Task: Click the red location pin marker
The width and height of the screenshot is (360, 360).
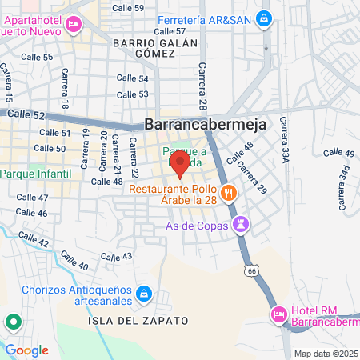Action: click(180, 165)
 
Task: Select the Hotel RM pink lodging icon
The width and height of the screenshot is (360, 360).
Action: click(278, 314)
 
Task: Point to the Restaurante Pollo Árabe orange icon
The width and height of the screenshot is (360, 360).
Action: click(229, 192)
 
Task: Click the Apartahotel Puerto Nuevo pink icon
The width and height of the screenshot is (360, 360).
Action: click(73, 25)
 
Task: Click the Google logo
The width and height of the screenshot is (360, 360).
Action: click(27, 350)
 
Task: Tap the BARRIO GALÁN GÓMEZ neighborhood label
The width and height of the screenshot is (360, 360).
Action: click(144, 46)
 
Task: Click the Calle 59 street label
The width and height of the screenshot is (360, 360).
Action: click(129, 8)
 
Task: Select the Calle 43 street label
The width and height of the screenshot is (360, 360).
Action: click(117, 256)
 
